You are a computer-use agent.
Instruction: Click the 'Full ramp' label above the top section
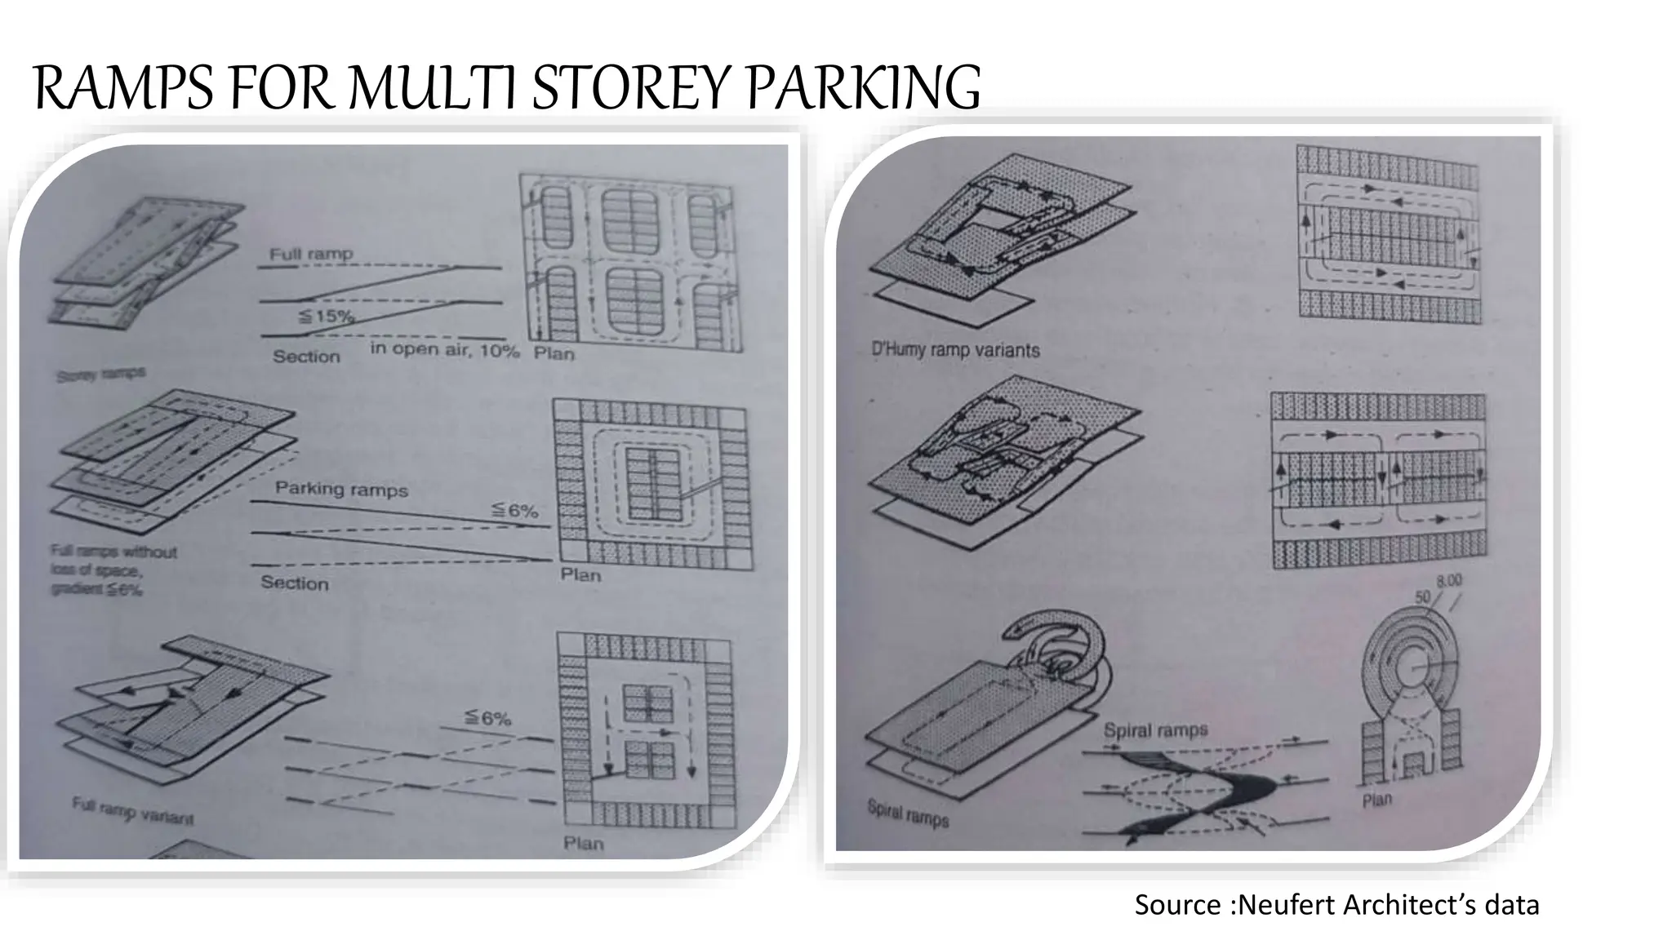point(311,254)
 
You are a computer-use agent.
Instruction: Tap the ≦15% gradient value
point(326,316)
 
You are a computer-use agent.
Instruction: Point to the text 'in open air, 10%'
point(445,350)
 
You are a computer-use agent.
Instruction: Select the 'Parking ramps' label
point(341,489)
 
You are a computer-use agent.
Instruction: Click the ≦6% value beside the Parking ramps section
point(514,511)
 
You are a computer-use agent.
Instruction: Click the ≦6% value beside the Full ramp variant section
point(487,718)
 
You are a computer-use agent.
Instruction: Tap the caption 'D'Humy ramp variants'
point(955,350)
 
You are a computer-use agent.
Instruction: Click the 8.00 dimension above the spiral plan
point(1449,581)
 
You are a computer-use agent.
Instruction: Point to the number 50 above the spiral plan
point(1423,596)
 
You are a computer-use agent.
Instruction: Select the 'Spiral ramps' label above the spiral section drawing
point(1155,729)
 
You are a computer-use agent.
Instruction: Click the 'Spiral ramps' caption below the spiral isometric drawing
point(907,814)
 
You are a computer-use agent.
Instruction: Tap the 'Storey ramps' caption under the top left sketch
point(100,375)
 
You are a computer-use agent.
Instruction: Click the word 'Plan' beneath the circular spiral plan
point(1376,799)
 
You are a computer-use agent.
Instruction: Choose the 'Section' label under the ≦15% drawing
point(306,357)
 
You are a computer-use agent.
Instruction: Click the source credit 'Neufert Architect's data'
point(1388,905)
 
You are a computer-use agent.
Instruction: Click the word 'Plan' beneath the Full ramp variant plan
point(583,843)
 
